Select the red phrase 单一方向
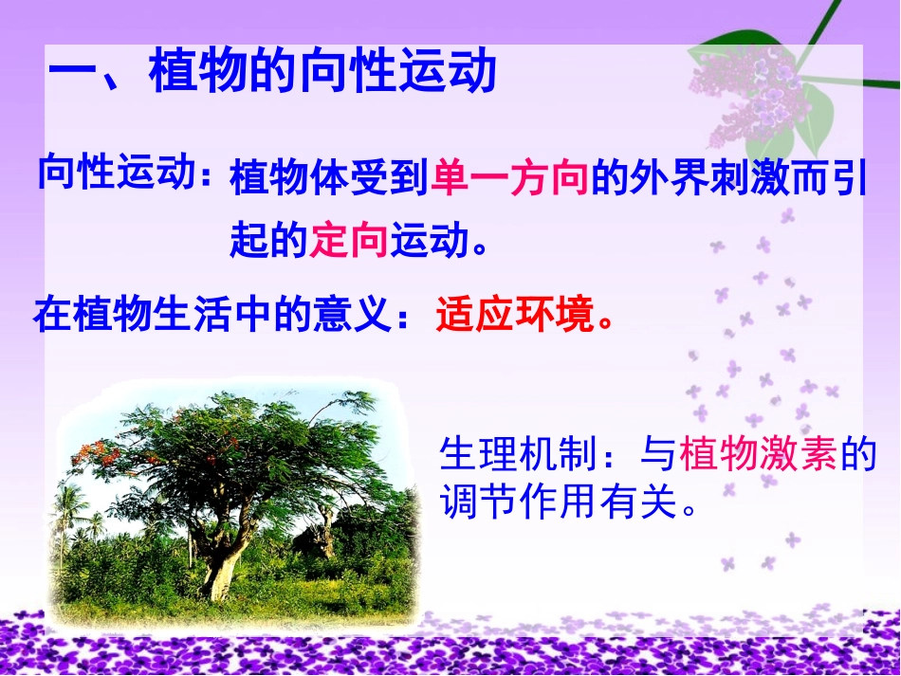[510, 179]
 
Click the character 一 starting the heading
[72, 74]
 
